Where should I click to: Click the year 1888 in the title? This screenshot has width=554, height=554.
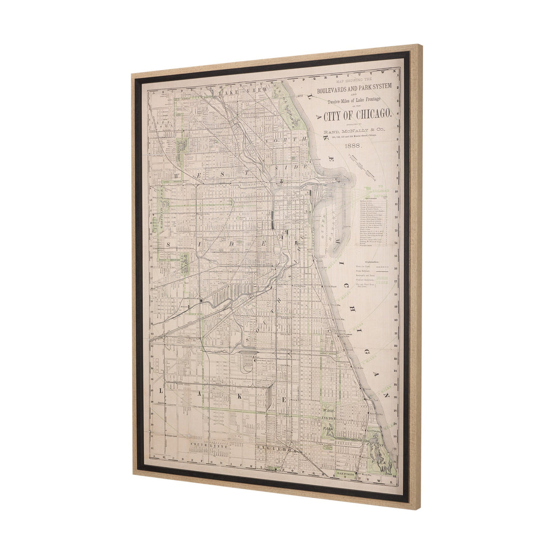coord(354,146)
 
